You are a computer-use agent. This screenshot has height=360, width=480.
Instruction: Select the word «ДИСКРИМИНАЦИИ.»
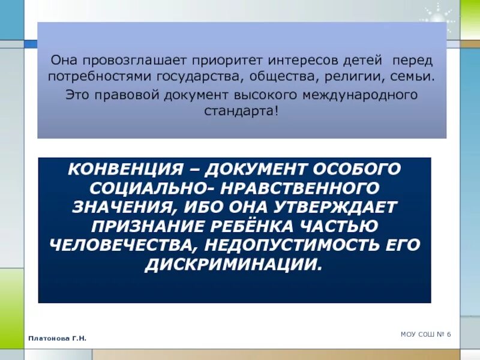234,265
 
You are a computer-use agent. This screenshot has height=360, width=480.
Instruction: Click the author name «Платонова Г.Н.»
58,339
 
